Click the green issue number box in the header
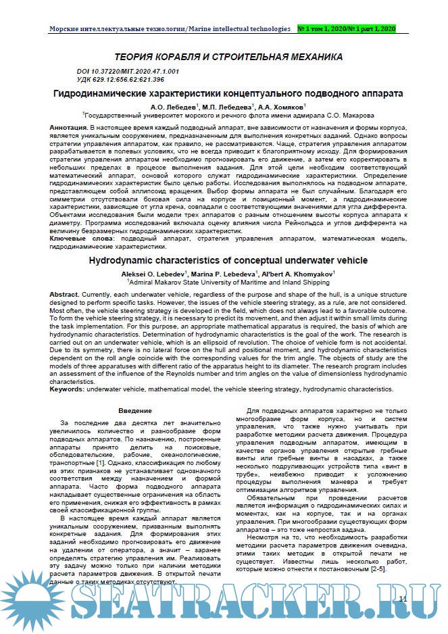tap(347, 29)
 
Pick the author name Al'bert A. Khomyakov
tap(297, 273)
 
